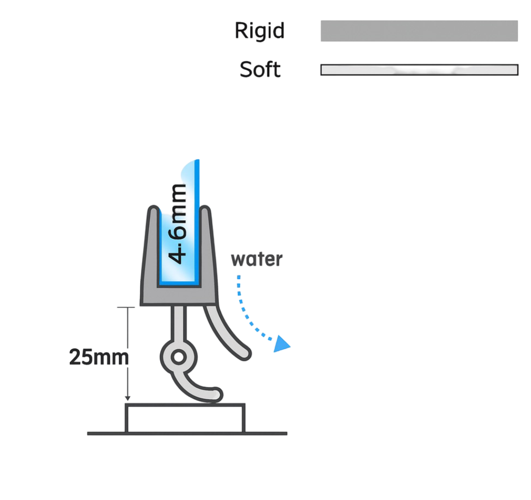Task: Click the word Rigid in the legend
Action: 260,31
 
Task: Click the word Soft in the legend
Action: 260,69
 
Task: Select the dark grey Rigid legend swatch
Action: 419,31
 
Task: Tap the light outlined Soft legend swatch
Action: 419,70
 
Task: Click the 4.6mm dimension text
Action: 178,223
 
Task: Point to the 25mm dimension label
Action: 99,357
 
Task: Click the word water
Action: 256,260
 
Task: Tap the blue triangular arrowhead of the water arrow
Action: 281,344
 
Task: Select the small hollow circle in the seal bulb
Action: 178,357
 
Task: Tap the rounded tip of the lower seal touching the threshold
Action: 215,395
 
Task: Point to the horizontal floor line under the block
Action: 187,434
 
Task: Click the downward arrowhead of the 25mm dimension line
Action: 128,398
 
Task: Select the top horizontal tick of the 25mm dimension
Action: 126,307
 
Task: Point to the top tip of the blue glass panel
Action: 198,160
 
